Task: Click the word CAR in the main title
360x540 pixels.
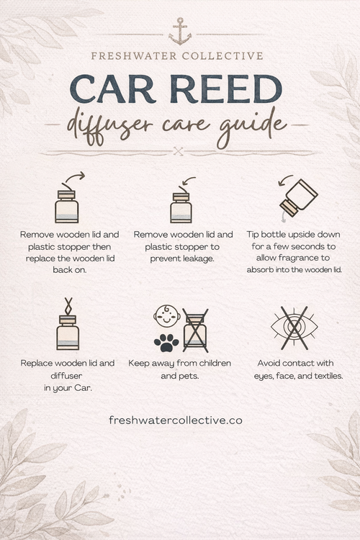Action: (x=117, y=89)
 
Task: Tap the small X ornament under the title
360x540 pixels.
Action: (x=179, y=150)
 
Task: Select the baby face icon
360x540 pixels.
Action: (x=166, y=315)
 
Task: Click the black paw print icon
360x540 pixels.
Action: (x=166, y=341)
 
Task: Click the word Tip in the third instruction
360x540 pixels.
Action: (x=254, y=235)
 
